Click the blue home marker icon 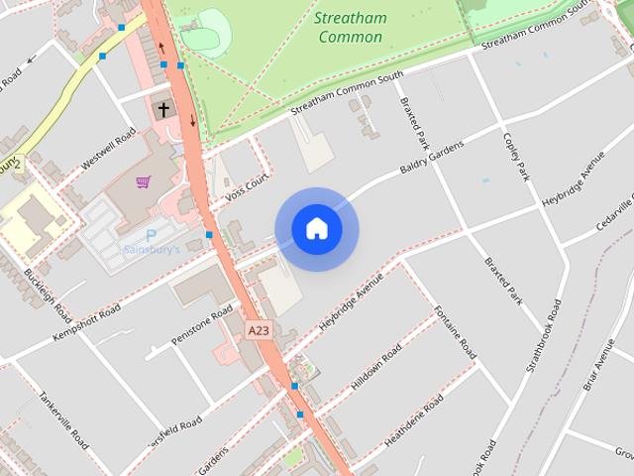point(317,229)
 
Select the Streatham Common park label point(350,27)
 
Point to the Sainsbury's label point(152,250)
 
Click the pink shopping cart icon point(144,182)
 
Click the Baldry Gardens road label point(431,157)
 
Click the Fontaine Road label point(455,332)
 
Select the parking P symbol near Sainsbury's point(151,235)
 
